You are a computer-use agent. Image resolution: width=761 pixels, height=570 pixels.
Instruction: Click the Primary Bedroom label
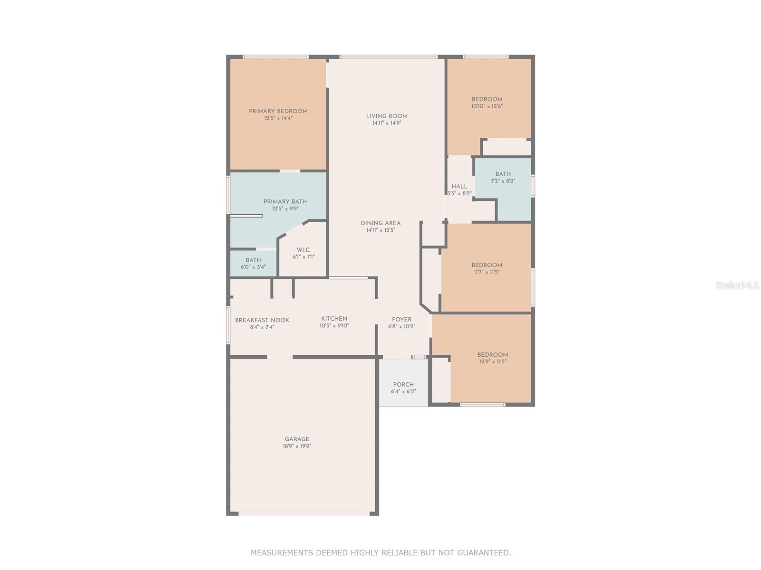[278, 112]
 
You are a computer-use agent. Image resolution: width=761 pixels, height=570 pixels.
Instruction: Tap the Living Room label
[387, 116]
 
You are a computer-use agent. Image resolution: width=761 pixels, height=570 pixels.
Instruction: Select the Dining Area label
[380, 223]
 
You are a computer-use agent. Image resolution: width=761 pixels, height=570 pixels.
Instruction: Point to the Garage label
[297, 439]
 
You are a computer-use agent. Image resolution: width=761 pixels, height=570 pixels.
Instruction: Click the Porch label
[403, 384]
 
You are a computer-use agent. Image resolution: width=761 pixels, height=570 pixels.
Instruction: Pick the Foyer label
[401, 319]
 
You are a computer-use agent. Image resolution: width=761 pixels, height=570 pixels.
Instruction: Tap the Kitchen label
[334, 319]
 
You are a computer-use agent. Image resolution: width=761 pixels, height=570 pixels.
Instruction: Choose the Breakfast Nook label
[262, 320]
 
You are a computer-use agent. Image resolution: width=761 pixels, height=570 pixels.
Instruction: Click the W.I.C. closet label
[303, 250]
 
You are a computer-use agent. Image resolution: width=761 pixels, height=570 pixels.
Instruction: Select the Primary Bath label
[285, 202]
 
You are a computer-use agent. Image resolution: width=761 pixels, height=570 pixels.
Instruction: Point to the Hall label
[459, 187]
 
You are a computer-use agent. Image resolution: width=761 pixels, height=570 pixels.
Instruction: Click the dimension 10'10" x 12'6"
[487, 106]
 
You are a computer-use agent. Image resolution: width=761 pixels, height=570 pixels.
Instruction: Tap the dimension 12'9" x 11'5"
[492, 361]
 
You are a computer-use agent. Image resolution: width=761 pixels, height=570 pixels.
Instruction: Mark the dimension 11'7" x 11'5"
[487, 272]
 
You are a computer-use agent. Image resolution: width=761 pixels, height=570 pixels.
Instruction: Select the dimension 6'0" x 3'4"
[253, 267]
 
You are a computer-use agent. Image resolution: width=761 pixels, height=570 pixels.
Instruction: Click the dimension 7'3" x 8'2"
[503, 181]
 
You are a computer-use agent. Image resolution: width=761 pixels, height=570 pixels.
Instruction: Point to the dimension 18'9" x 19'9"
[297, 446]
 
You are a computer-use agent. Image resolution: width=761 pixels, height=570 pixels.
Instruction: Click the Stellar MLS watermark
[737, 285]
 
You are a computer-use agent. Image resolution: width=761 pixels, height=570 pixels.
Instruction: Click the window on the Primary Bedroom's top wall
[275, 57]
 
